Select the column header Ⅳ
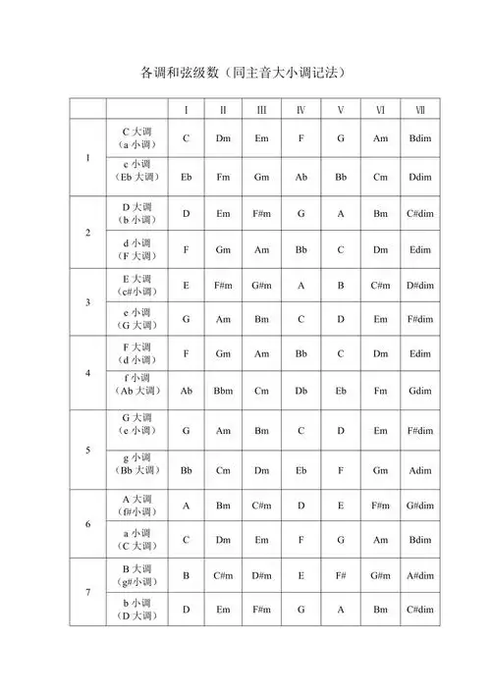tap(300, 109)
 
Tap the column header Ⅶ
tap(419, 109)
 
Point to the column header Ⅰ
tap(186, 109)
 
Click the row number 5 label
tap(87, 451)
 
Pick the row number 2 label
tap(87, 233)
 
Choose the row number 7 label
tap(87, 592)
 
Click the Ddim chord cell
tap(419, 177)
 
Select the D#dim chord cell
tap(419, 285)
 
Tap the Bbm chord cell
tap(223, 391)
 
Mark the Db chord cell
tap(300, 391)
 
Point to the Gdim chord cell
tap(419, 391)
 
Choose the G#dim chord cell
tap(419, 506)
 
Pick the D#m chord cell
tap(261, 575)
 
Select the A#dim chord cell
tap(419, 575)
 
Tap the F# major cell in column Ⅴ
tap(341, 575)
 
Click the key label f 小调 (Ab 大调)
tap(136, 384)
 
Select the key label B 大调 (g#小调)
tap(136, 575)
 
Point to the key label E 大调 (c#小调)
tap(136, 285)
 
